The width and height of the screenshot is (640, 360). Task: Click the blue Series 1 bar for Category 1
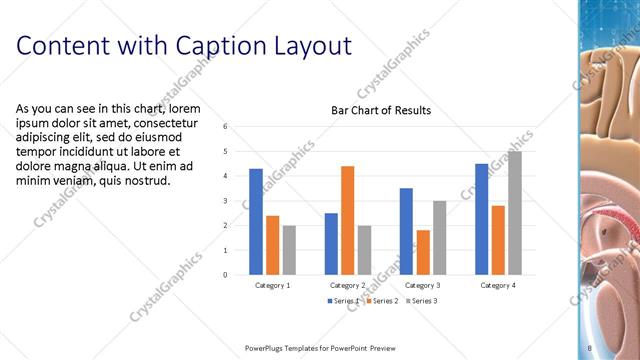pyautogui.click(x=256, y=221)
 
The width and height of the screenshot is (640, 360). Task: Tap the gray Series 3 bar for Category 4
pyautogui.click(x=514, y=213)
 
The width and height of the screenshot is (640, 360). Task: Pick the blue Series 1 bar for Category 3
pyautogui.click(x=406, y=231)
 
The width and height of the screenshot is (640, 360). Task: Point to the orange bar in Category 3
pyautogui.click(x=422, y=252)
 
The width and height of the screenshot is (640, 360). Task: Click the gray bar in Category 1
pyautogui.click(x=288, y=250)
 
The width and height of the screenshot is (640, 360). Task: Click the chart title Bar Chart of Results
pyautogui.click(x=381, y=110)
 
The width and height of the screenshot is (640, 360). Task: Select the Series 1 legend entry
pyautogui.click(x=343, y=300)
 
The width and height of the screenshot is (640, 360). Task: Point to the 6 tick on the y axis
pyautogui.click(x=226, y=127)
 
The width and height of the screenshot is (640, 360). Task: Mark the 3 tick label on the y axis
pyautogui.click(x=226, y=201)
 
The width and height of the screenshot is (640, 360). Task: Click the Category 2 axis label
pyautogui.click(x=347, y=285)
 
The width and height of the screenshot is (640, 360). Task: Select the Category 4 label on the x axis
pyautogui.click(x=497, y=285)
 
